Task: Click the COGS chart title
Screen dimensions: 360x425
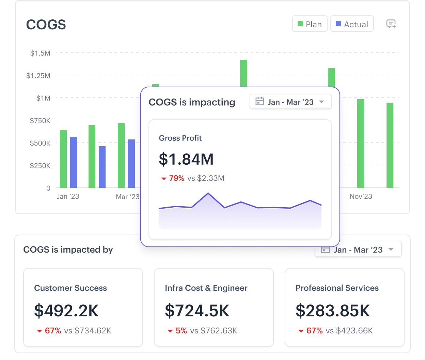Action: tap(46, 25)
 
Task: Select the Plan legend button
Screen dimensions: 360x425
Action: tap(310, 24)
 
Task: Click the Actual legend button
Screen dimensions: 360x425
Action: tap(352, 24)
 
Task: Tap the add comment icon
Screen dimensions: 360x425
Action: tap(391, 24)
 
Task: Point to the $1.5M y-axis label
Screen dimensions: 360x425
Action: tap(40, 53)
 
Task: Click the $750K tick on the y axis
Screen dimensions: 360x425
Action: tap(40, 121)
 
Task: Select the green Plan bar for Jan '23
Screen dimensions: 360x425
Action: tap(63, 159)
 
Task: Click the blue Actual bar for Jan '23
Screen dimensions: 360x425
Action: tap(74, 162)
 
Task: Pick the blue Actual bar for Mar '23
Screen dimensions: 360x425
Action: tap(131, 164)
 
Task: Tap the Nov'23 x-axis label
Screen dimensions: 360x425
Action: tap(361, 196)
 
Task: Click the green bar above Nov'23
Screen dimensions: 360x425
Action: tap(361, 143)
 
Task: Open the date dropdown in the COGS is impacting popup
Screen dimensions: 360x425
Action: tap(290, 102)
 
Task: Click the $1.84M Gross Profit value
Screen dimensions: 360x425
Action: tap(186, 159)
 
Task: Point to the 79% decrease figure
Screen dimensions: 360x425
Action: tap(176, 178)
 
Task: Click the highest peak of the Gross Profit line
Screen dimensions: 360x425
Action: tap(208, 193)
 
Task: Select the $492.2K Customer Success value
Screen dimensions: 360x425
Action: tap(66, 311)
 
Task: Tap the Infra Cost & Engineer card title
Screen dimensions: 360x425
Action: tap(206, 288)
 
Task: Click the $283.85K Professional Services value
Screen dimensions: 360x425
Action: tap(333, 311)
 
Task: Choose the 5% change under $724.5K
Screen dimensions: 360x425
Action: tap(181, 331)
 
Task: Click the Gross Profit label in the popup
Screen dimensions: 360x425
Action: tap(180, 138)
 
